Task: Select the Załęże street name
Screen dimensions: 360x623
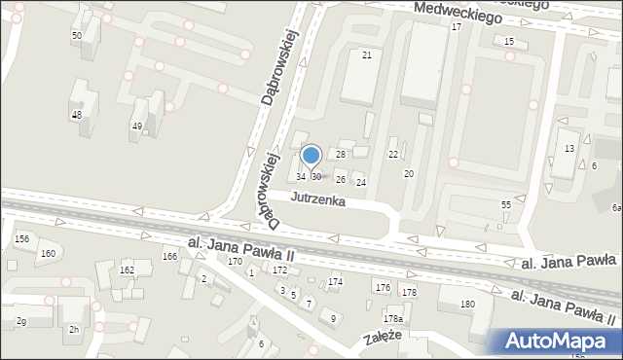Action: (x=383, y=337)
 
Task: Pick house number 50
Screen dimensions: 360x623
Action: (x=76, y=35)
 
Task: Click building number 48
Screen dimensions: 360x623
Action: (x=76, y=115)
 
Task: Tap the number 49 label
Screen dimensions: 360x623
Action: (x=137, y=126)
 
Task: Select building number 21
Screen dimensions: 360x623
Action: (x=367, y=54)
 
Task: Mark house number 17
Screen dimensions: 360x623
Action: (x=456, y=26)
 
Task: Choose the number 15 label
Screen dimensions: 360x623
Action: (x=509, y=41)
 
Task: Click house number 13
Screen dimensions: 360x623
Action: (x=569, y=147)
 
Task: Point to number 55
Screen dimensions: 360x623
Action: (x=506, y=204)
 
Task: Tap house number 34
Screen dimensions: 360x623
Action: (x=302, y=176)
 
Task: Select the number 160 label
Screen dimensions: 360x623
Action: (x=47, y=253)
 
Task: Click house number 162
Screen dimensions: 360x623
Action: (x=127, y=270)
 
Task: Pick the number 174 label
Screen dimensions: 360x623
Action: (x=335, y=281)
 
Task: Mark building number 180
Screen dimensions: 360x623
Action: (x=467, y=305)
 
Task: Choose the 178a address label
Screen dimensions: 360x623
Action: (x=392, y=319)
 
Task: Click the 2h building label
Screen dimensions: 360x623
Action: (x=73, y=330)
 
